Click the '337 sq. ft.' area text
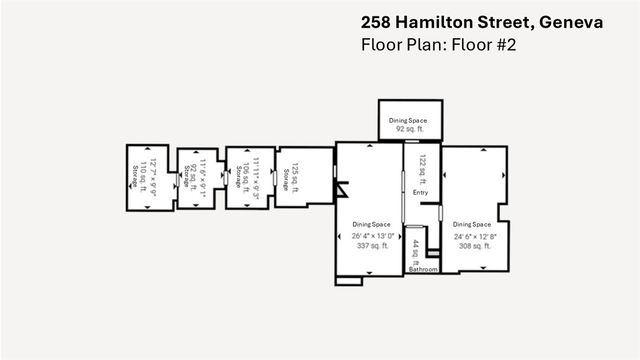tap(371, 246)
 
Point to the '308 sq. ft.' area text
tap(472, 246)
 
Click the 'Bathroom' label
tap(422, 269)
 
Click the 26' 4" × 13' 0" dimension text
tap(371, 236)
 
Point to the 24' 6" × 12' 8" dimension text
tap(472, 236)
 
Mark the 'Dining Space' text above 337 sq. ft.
tap(371, 225)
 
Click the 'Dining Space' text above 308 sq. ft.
tap(472, 225)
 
